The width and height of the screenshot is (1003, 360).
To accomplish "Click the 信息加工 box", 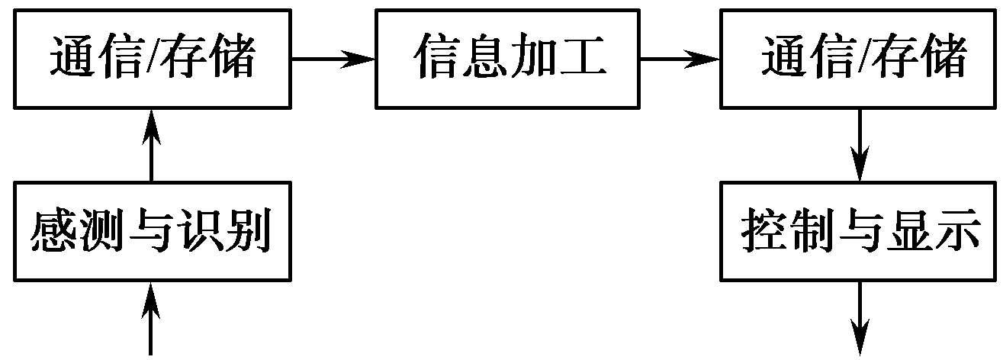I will point(508,58).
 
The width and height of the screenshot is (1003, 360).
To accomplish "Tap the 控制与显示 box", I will point(860,231).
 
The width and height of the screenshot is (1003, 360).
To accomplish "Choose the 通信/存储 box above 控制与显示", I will point(860,58).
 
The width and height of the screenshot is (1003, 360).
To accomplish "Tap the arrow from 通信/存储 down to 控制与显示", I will point(860,145).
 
